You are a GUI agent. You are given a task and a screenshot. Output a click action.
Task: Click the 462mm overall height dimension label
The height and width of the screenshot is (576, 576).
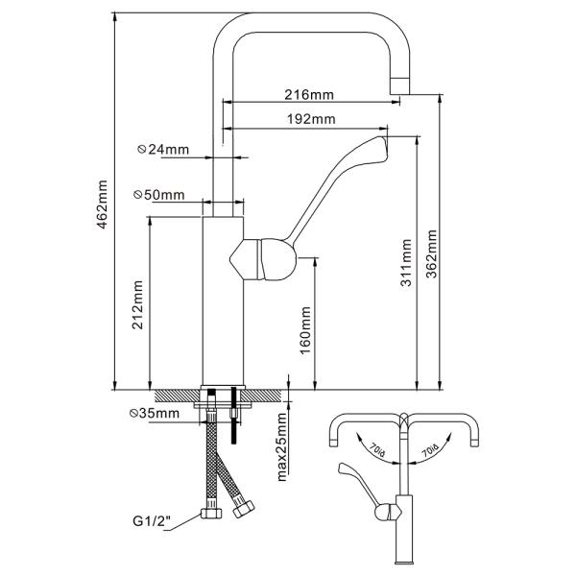(x=102, y=204)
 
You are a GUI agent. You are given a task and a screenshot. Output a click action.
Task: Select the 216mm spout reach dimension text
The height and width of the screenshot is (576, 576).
(x=309, y=95)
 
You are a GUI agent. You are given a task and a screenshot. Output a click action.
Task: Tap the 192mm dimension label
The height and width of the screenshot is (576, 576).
(x=311, y=119)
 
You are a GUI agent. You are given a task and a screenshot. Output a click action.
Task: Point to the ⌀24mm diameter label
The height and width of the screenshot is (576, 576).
(x=163, y=149)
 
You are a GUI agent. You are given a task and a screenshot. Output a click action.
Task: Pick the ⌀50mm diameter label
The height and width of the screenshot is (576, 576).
(x=158, y=195)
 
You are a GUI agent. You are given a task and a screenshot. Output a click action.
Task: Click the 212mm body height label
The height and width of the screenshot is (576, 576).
(x=137, y=305)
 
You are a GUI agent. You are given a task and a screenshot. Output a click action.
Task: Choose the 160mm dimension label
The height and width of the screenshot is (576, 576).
(x=305, y=330)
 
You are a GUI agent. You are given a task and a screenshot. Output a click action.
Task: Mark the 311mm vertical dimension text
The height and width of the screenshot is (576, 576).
(x=406, y=263)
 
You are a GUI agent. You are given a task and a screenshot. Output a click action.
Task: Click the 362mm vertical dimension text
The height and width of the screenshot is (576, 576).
(x=432, y=254)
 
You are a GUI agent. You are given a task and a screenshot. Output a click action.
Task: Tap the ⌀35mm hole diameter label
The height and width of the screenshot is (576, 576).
(x=155, y=413)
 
